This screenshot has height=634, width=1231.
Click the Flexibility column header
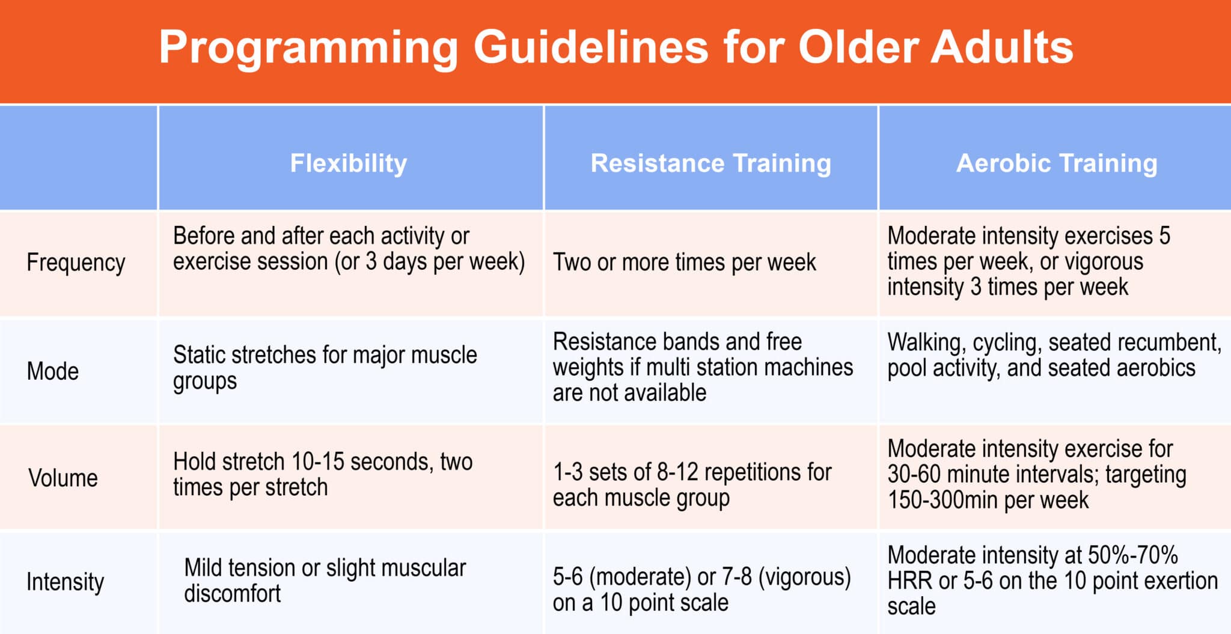coord(349,163)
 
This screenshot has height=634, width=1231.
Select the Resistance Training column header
coord(711,163)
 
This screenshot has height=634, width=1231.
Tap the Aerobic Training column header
coord(1057,163)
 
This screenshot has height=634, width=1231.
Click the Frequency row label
coord(76,263)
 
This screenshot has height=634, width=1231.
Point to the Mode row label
coord(53,371)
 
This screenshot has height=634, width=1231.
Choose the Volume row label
coord(63,478)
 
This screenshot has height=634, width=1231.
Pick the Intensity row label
coord(66,582)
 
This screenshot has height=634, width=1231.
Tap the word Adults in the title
coord(1002,46)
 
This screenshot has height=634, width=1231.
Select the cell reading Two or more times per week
coord(685,262)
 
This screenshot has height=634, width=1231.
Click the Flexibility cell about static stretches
coord(325,368)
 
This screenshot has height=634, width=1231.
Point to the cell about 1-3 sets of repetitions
coord(692,485)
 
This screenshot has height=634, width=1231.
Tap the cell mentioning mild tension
coord(325,580)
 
